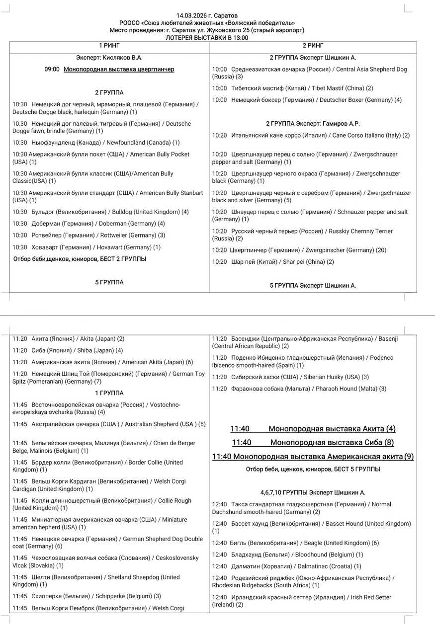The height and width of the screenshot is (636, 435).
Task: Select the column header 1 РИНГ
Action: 109,46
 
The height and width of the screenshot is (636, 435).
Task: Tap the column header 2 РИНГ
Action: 313,46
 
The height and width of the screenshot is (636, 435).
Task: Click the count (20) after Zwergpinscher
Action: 381,250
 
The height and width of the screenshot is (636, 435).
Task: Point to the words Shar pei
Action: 297,262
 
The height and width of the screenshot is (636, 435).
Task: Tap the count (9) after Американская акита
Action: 409,457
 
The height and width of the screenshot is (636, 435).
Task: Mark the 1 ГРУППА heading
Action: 109,393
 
